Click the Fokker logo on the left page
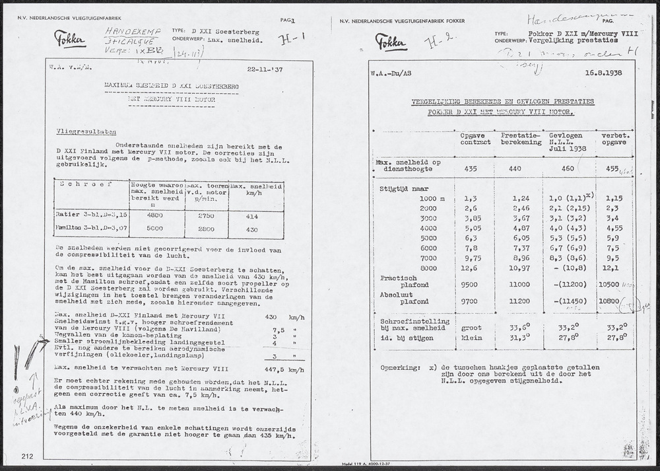coord(70,38)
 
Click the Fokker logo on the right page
coord(391,42)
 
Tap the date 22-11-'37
coord(264,67)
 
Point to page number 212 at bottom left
coord(27,456)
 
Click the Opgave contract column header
coord(475,139)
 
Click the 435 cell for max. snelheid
coord(471,169)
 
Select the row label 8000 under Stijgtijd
coord(428,268)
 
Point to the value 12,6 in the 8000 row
coord(471,268)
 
